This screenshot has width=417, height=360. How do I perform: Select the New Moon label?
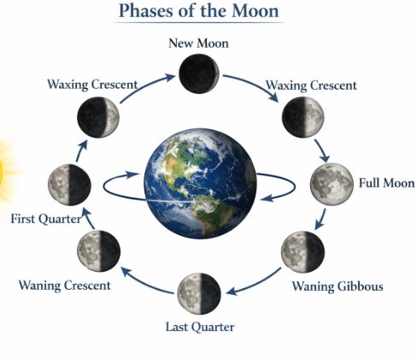pyautogui.click(x=198, y=42)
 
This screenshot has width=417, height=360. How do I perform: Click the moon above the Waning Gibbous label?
pyautogui.click(x=302, y=251)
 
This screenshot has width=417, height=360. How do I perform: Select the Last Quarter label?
pyautogui.click(x=199, y=327)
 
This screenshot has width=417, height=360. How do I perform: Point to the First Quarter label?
pyautogui.click(x=45, y=220)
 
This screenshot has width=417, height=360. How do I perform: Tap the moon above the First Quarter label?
pyautogui.click(x=69, y=183)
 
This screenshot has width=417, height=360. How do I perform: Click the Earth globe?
pyautogui.click(x=199, y=181)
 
